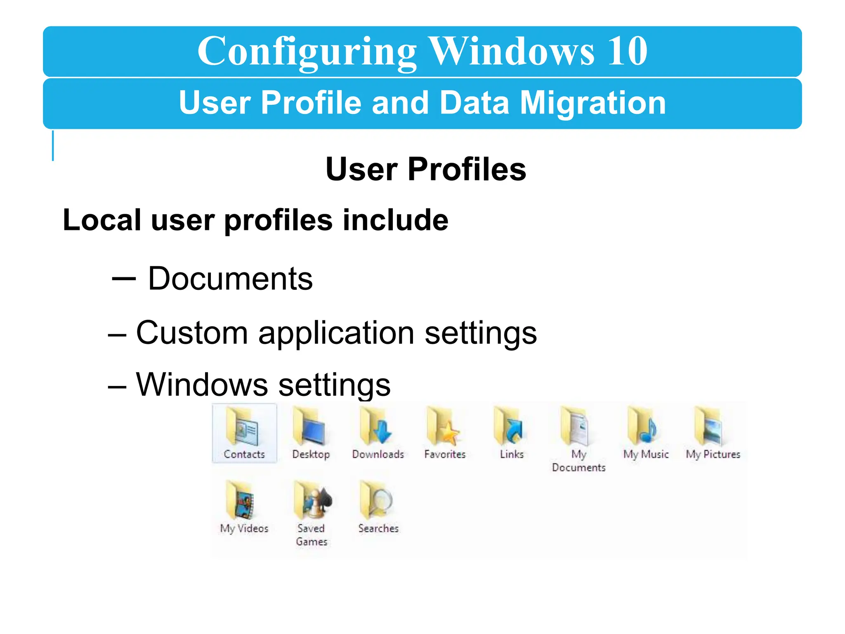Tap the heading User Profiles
click(x=425, y=169)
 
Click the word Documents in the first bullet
click(x=230, y=279)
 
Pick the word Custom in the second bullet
click(x=192, y=333)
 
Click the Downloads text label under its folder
click(x=378, y=454)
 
